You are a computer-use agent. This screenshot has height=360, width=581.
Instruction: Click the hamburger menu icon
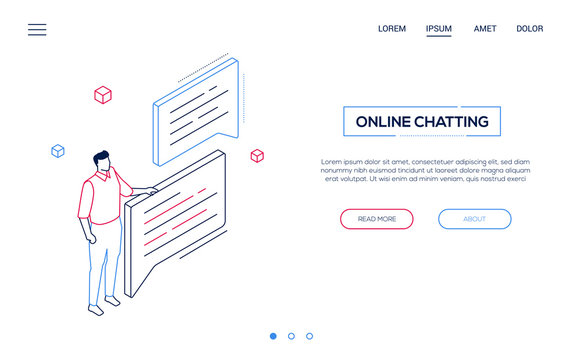[x=37, y=30]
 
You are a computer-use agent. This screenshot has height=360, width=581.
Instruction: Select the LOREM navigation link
[x=392, y=29]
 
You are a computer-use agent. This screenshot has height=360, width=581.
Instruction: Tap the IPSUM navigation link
[x=438, y=29]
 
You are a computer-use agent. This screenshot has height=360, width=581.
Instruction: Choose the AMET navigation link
[x=485, y=29]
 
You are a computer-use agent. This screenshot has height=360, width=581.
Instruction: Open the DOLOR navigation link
[x=530, y=29]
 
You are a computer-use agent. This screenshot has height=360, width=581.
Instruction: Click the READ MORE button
[x=376, y=219]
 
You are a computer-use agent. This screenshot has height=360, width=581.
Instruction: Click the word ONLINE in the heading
[x=385, y=122]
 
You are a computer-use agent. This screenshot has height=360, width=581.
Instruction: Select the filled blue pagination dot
[x=273, y=336]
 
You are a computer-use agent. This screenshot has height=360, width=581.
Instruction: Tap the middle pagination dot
[x=291, y=336]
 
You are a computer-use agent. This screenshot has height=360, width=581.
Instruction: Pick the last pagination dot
[x=309, y=336]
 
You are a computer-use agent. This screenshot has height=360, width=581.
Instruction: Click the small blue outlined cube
[x=58, y=151]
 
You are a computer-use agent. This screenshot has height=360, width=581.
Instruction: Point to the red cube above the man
[x=102, y=95]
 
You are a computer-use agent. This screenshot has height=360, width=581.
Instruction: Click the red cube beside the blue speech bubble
[x=257, y=156]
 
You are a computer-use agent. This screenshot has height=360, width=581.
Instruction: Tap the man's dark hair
[x=100, y=157]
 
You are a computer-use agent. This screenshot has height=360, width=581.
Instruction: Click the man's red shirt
[x=100, y=200]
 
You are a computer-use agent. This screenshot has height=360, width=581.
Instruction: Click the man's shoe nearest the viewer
[x=96, y=310]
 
